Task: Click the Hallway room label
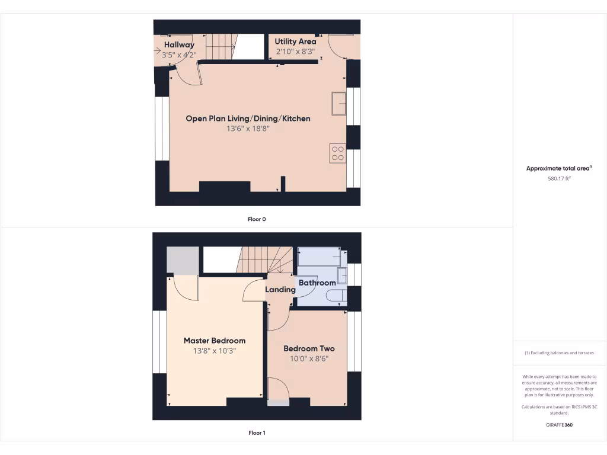coord(179,45)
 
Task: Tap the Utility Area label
coord(295,41)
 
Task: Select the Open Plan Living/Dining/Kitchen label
coord(248,118)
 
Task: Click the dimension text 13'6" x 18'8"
coord(248,129)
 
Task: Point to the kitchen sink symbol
coord(339,104)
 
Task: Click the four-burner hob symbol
coord(338,153)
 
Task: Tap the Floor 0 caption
coord(257,219)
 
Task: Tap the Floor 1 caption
coord(257,433)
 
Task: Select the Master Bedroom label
coord(214,341)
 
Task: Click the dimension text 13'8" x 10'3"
coord(214,351)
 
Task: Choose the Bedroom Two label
coord(309,348)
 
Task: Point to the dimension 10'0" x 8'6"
coord(309,358)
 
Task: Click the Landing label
coord(280,290)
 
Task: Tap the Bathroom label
coord(317,283)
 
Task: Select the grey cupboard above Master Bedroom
coord(182,261)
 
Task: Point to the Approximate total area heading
coord(559,168)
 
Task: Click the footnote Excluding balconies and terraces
coord(559,353)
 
